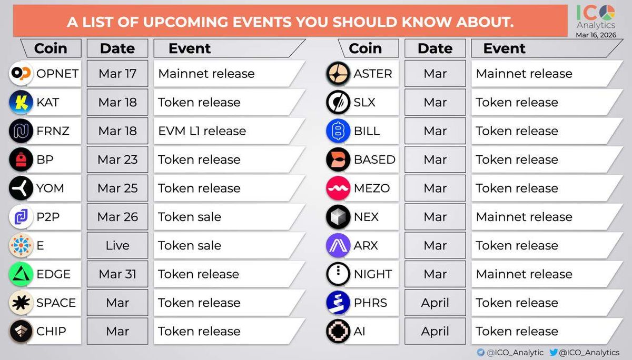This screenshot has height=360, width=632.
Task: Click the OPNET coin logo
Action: coord(21,74)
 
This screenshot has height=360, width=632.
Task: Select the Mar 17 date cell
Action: coord(117,74)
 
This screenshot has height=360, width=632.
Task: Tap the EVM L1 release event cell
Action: coord(229,131)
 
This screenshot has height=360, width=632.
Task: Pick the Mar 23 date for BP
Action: coord(117,159)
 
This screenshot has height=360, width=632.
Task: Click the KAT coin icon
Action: coord(21,102)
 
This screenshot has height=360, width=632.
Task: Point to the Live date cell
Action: coord(117,245)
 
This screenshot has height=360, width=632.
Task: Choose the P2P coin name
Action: coord(48,217)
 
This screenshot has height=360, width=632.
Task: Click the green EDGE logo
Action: coord(21,274)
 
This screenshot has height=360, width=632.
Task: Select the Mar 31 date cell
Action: coord(117,274)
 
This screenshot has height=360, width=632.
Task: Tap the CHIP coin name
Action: coord(51,331)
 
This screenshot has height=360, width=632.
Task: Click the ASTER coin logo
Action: coord(338,74)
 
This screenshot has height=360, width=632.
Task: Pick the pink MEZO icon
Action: coord(338,188)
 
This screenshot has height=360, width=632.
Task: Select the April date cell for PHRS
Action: coord(435,303)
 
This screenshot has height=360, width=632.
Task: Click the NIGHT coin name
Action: coord(373,274)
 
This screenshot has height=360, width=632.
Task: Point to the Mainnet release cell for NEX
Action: coord(546,217)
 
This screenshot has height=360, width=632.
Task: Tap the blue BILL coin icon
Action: coord(338,131)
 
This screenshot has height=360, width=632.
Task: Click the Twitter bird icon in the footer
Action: coord(554,352)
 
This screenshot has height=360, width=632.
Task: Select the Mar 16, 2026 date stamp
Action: coord(596,35)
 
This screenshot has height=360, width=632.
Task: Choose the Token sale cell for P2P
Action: coord(229,217)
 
